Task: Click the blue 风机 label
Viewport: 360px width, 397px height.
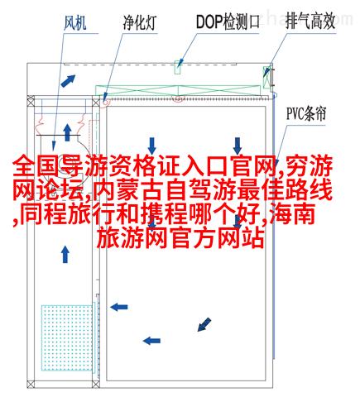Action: point(75,22)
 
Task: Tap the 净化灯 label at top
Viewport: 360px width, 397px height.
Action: point(140,22)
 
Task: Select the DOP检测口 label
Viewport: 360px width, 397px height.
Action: point(228,22)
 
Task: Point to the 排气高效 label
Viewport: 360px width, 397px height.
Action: point(310,22)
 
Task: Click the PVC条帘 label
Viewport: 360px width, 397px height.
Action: point(306,113)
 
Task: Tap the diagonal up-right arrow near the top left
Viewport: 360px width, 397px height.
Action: point(68,81)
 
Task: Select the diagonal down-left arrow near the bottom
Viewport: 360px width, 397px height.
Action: point(204,324)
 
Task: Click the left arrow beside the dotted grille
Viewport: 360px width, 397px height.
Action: point(119,307)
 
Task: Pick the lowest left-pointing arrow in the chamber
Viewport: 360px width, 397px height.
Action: point(151,341)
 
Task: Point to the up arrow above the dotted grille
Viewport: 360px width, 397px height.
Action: point(65,254)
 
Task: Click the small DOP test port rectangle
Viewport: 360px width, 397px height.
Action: point(178,68)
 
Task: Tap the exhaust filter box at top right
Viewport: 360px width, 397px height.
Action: point(266,77)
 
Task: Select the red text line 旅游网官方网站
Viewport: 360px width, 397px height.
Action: point(180,237)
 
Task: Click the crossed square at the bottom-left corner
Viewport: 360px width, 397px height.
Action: point(31,384)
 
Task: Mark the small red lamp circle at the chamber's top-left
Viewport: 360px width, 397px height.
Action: point(106,103)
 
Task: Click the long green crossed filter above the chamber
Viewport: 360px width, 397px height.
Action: point(178,90)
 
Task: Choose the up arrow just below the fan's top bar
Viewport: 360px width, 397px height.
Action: point(67,132)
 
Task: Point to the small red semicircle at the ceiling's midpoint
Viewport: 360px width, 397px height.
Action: point(178,99)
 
